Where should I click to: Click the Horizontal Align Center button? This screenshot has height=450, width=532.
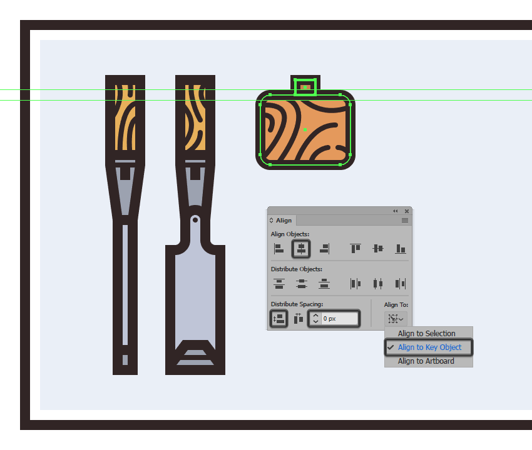301,249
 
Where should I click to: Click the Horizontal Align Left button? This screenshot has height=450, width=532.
279,249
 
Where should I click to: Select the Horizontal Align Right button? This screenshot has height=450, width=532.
324,249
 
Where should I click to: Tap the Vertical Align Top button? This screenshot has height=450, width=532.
356,249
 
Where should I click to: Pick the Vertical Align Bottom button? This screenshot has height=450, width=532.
401,249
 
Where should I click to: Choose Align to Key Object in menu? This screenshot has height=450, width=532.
429,347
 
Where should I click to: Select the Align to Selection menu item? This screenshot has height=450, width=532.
426,333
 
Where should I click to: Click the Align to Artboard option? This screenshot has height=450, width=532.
426,361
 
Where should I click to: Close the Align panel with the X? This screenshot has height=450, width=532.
407,211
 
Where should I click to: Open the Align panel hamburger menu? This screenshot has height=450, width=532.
405,220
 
